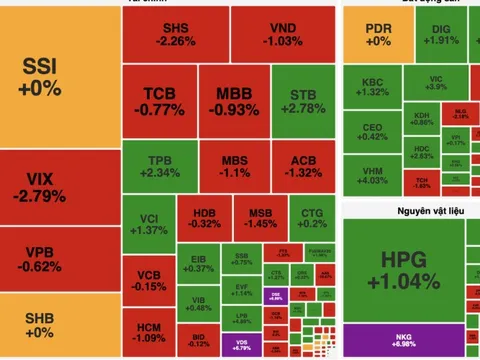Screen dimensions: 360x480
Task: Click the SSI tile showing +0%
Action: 58,76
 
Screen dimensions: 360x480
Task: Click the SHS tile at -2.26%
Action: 176,35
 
